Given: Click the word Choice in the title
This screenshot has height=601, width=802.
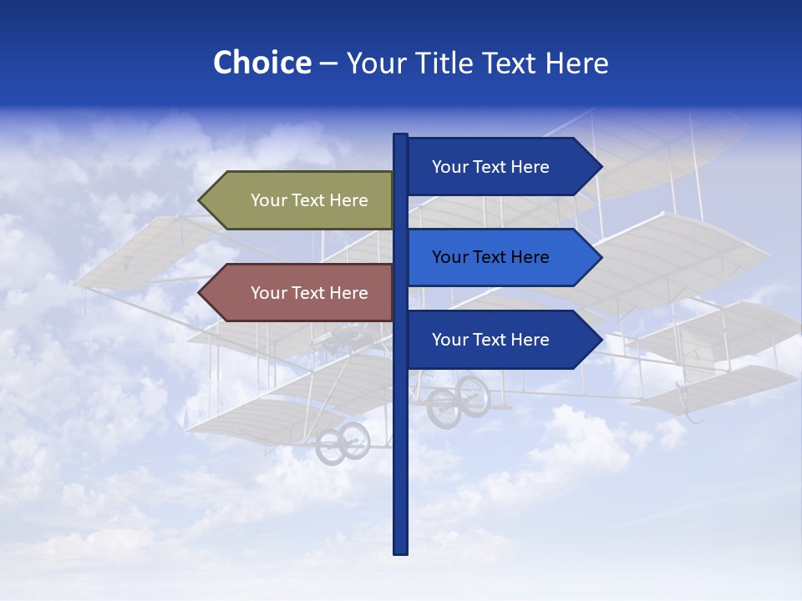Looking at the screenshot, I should coord(261,63).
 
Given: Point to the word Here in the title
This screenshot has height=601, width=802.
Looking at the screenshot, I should coord(576,63).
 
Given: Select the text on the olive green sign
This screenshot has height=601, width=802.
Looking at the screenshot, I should coord(309,200).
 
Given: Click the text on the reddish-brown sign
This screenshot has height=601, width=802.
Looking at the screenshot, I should coord(309,293).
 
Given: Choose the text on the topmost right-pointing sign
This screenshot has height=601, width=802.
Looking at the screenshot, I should coord(490,167).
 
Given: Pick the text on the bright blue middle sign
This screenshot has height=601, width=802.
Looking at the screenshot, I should coord(490,257).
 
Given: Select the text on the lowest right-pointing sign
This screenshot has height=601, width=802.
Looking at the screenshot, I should coord(490,340).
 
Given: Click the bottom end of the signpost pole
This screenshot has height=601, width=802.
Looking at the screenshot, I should coord(401,550).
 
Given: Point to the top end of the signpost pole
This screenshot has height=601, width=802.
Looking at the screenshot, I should coord(401,137).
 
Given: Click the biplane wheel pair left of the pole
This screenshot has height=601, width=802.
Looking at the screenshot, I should coord(343,442).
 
